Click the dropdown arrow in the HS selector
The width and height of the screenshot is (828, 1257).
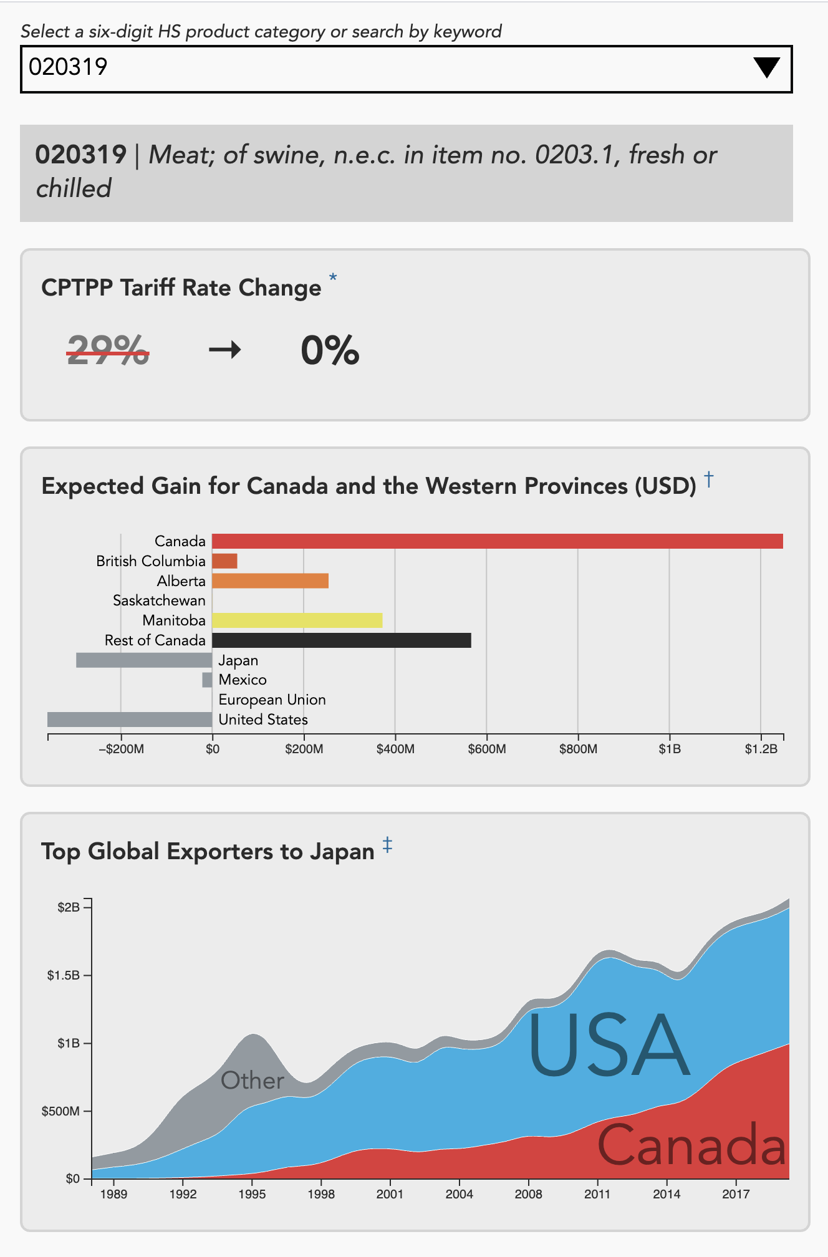766,67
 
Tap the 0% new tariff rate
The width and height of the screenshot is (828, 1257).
330,350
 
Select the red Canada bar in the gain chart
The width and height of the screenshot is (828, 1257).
497,541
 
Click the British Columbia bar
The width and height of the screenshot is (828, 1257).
224,561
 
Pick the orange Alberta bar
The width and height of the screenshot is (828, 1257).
270,581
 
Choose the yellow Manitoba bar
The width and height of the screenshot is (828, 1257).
297,620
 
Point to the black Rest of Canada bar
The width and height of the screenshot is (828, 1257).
341,640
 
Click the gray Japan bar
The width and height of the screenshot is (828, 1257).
144,660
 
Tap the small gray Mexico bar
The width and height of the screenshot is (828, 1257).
207,680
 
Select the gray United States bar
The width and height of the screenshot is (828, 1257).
130,720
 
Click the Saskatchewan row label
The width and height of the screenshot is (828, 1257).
159,600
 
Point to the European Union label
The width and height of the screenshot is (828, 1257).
272,700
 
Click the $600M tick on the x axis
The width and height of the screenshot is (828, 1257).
487,749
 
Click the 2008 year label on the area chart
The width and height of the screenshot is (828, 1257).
528,1194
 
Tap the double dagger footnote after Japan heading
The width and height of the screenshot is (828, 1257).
387,845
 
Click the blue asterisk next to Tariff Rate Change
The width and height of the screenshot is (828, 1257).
333,277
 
